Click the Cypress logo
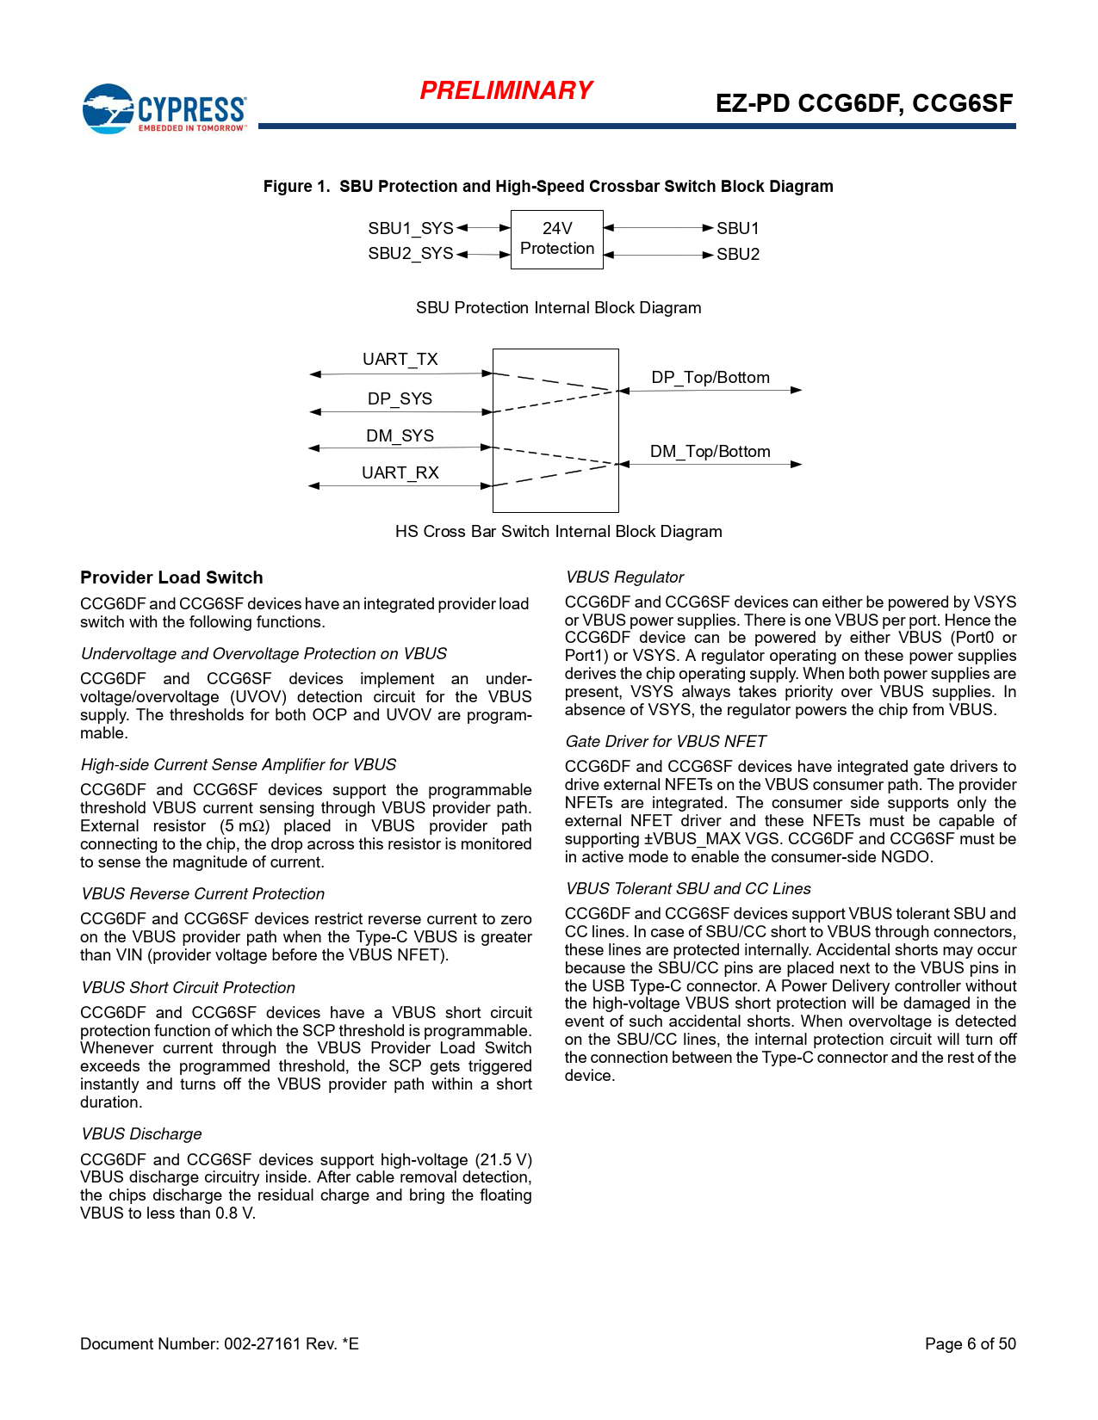coord(164,108)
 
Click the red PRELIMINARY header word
coord(506,90)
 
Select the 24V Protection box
coord(557,239)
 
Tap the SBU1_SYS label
coord(410,228)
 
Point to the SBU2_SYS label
coord(410,254)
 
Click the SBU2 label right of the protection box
coord(738,255)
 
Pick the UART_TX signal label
coord(400,359)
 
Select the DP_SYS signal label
coord(400,398)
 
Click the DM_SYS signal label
coord(400,435)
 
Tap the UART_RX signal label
coord(400,472)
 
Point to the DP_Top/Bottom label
coord(710,377)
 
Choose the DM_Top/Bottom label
coord(710,451)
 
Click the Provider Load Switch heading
coord(171,577)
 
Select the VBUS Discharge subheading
coord(141,1134)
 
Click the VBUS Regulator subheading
coord(624,577)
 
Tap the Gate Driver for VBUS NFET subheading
coord(666,742)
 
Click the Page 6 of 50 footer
coord(970,1344)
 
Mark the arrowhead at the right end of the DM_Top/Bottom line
coord(797,465)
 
